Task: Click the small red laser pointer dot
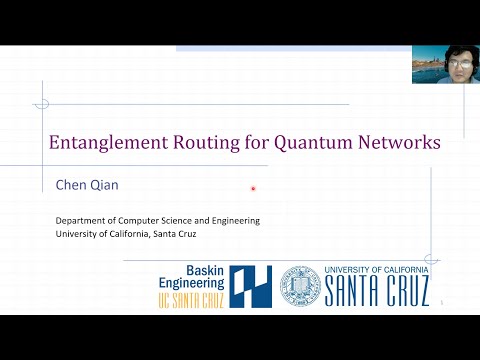coord(253,188)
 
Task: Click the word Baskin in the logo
coord(205,270)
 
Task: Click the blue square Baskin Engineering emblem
coord(251,285)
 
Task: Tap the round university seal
coord(299,285)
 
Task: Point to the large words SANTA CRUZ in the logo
coord(376,291)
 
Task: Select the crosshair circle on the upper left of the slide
coord(41,102)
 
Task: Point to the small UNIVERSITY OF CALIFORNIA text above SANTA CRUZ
coord(376,270)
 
